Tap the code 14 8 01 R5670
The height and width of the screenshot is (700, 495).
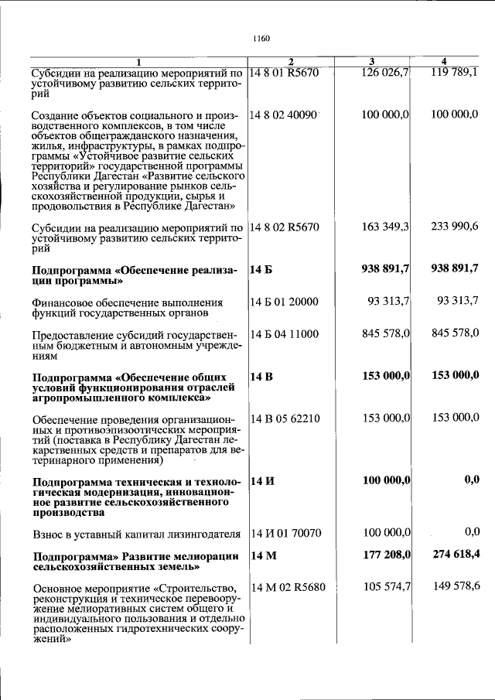pos(285,73)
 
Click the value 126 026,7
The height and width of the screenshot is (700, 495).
pos(385,73)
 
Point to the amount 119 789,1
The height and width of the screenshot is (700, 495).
pos(454,73)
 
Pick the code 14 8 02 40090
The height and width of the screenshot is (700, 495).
pos(285,114)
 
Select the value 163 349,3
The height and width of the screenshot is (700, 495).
pos(385,227)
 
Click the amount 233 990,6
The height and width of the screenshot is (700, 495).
pos(454,227)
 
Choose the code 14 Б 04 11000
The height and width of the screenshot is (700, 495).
pos(285,333)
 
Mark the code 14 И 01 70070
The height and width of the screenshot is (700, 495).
pos(285,533)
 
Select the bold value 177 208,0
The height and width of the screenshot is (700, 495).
pos(385,555)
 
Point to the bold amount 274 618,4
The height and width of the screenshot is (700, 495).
pos(454,555)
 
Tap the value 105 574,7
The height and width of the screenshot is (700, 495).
pos(385,587)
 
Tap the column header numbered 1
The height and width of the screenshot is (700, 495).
pos(139,62)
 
